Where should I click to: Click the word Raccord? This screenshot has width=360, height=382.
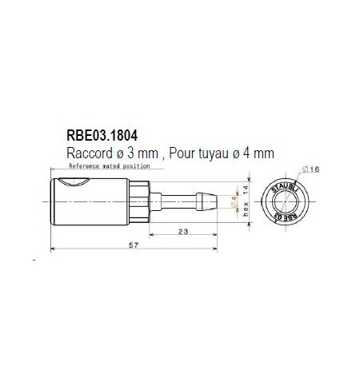click(x=88, y=150)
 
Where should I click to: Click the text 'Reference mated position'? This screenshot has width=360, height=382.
click(x=110, y=166)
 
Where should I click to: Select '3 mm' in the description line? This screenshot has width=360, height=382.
click(x=137, y=150)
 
